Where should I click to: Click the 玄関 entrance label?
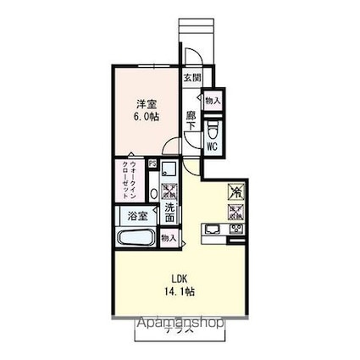pos(191,79)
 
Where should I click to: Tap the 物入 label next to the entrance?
pos(213,100)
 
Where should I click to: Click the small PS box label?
pos(152,164)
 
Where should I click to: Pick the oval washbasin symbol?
pos(154,191)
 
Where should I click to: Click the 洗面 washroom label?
pos(170,213)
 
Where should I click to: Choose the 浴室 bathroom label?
pos(137,217)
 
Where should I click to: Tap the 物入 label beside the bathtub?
pos(169,238)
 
